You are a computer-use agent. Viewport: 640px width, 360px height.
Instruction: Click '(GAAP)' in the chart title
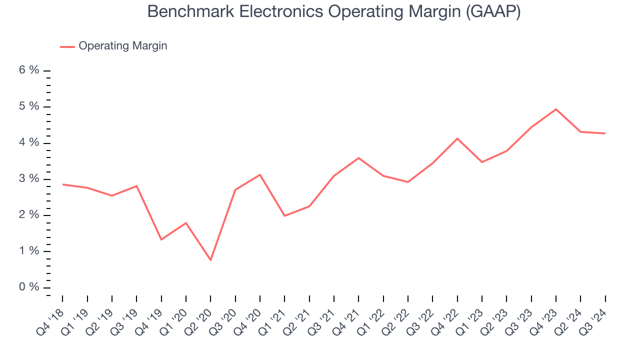click(x=493, y=12)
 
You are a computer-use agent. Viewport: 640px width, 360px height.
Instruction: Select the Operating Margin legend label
click(x=122, y=46)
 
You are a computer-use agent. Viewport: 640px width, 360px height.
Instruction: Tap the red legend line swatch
click(x=67, y=46)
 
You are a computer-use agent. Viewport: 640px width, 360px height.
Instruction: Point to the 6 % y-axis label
click(x=29, y=70)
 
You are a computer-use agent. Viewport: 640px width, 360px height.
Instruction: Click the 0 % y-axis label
click(x=29, y=287)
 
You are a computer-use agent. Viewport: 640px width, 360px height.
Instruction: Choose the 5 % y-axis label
click(x=29, y=106)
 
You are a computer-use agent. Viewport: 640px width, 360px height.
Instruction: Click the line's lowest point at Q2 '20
click(x=210, y=260)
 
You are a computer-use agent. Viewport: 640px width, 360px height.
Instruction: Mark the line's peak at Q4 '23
click(x=556, y=109)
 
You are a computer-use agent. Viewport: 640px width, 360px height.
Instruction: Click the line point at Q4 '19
click(x=161, y=239)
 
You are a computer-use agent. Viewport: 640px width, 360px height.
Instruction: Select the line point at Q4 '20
click(x=260, y=174)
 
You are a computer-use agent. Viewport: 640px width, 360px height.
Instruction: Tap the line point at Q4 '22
click(x=457, y=138)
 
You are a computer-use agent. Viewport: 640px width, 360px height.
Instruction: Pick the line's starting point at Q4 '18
click(x=62, y=184)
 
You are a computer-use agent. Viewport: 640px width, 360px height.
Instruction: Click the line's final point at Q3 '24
click(x=605, y=133)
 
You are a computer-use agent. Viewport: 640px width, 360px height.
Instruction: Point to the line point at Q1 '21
click(x=284, y=215)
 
